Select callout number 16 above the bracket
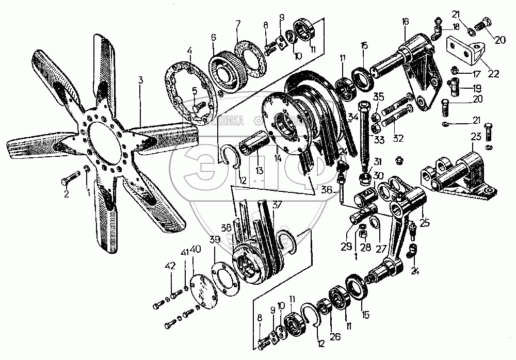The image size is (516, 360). (405, 21)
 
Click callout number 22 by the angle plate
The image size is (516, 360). (494, 73)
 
